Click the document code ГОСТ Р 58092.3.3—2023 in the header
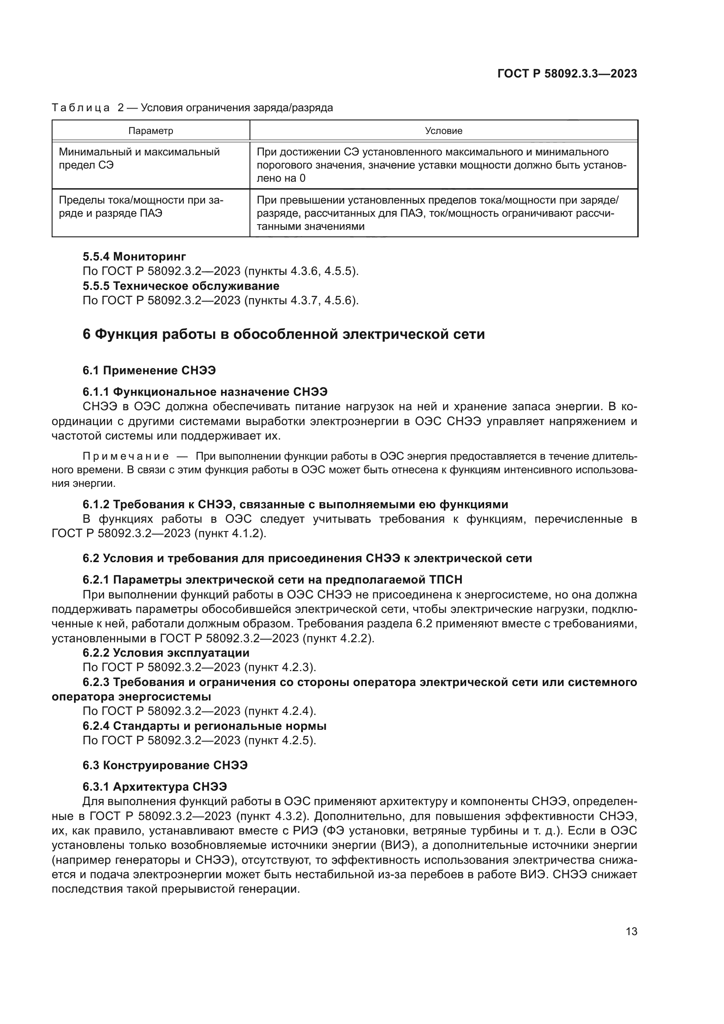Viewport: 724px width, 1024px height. [567, 74]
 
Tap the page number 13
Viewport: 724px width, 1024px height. [631, 931]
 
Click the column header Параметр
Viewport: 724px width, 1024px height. [151, 130]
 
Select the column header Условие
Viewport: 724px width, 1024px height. [443, 130]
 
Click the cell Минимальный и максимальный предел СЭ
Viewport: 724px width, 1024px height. [139, 158]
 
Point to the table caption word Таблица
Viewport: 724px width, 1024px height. [81, 108]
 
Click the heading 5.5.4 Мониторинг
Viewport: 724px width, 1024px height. [134, 257]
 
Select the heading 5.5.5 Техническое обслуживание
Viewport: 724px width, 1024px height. [181, 286]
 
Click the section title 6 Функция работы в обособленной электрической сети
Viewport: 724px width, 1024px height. [284, 334]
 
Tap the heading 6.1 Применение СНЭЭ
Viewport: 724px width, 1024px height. [149, 370]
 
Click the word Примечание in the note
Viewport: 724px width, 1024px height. [126, 456]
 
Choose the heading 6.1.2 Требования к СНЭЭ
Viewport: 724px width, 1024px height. [295, 504]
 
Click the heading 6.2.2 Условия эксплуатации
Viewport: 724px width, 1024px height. [166, 653]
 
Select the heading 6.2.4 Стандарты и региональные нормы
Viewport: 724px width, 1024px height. [204, 726]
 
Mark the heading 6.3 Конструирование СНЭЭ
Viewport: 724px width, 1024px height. [165, 765]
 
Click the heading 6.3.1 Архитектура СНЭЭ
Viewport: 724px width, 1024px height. [155, 787]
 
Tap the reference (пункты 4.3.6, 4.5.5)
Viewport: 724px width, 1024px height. [301, 271]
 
